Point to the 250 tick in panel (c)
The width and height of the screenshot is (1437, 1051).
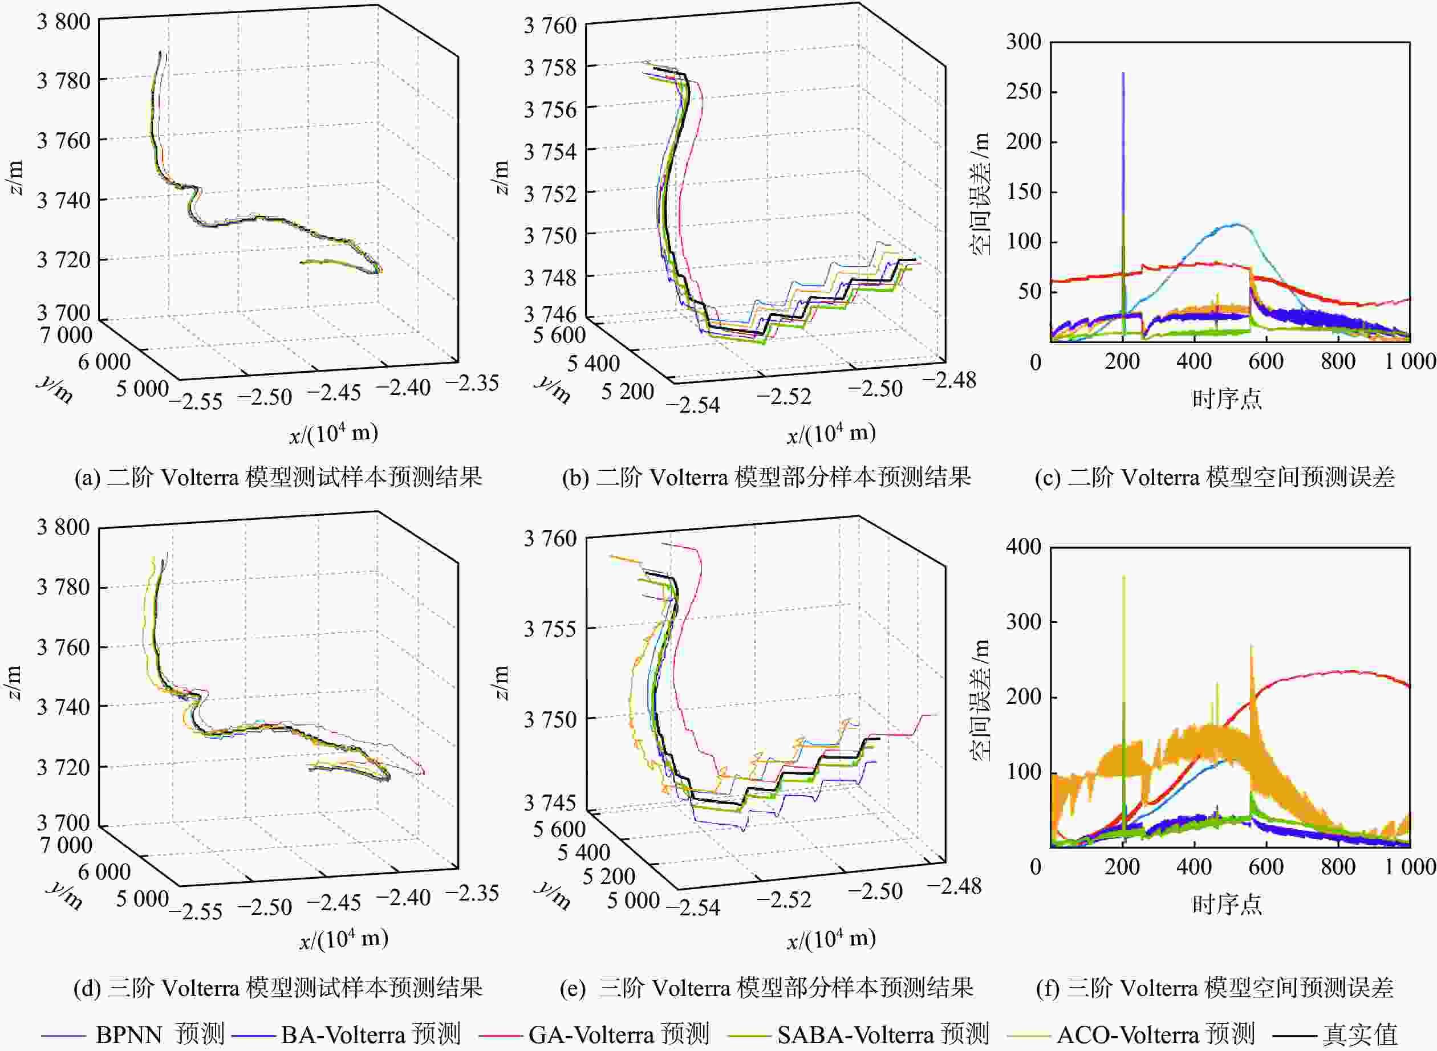click(x=1024, y=92)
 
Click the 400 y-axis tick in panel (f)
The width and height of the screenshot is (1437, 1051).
click(x=1024, y=547)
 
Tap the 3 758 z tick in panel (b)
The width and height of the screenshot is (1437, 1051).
click(x=550, y=67)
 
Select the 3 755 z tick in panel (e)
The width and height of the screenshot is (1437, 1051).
click(x=550, y=629)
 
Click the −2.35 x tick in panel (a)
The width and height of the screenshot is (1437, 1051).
click(x=472, y=383)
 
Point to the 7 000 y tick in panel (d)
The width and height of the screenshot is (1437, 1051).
click(x=66, y=845)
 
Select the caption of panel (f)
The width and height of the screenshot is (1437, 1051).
click(x=1214, y=988)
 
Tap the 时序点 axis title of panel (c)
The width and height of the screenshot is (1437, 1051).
click(x=1227, y=399)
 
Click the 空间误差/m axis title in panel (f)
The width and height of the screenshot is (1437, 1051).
click(x=981, y=700)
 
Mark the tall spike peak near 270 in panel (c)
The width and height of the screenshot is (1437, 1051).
click(x=1123, y=74)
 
